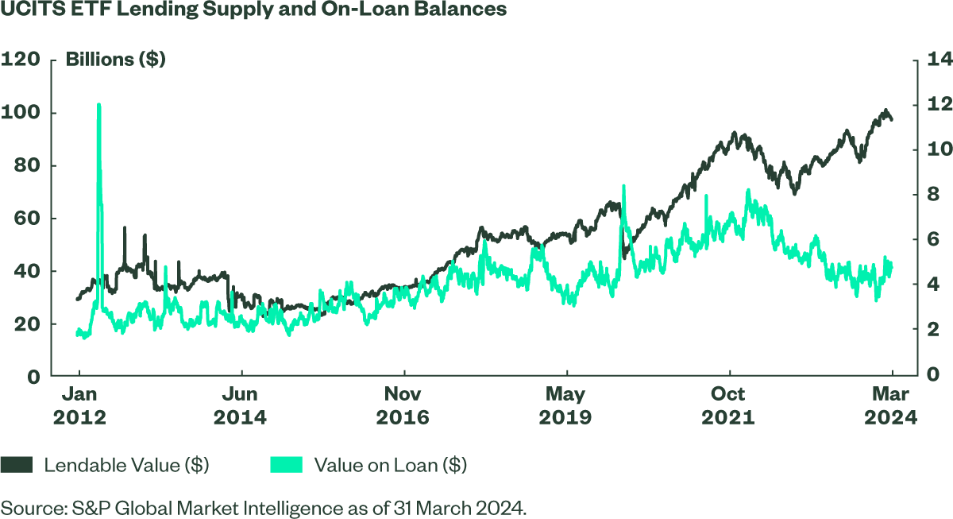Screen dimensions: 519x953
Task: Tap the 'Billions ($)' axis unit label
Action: coord(115,60)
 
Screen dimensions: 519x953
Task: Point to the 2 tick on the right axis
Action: coord(932,330)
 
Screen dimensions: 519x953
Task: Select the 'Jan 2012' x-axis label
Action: coord(79,405)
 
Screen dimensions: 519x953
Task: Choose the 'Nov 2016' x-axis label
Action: coord(403,405)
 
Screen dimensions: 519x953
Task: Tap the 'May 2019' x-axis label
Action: coord(565,405)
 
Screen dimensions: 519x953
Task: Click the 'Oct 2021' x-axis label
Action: coord(728,405)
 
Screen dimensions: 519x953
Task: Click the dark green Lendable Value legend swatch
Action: coord(16,465)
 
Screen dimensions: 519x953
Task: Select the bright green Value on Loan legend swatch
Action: coord(285,465)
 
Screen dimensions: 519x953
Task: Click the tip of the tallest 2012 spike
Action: coord(98,104)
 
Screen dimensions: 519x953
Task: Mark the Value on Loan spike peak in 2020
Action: coord(624,186)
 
